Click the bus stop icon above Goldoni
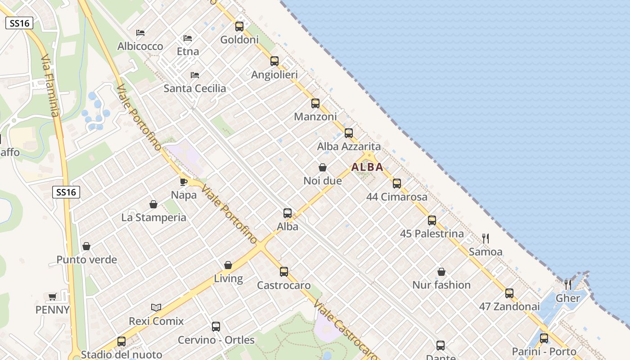click(239, 26)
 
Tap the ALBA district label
click(367, 167)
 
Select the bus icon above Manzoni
click(315, 103)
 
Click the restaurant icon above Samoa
click(486, 238)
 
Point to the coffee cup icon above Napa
click(184, 182)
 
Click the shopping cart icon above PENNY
click(53, 297)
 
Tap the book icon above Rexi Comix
click(156, 308)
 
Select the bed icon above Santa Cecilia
click(195, 75)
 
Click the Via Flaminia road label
click(50, 85)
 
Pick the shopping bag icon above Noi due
click(323, 167)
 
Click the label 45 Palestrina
click(432, 234)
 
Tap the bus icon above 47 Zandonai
click(509, 293)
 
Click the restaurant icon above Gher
click(568, 284)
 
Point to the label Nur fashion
click(441, 285)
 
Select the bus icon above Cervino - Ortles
click(216, 327)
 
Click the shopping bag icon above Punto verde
click(86, 246)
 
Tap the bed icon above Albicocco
click(140, 33)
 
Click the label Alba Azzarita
click(349, 146)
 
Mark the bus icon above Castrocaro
click(284, 272)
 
